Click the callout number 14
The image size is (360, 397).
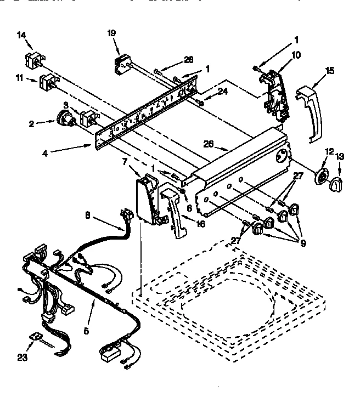(x=21, y=35)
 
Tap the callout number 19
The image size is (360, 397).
(x=111, y=33)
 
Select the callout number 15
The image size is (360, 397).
(x=330, y=70)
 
